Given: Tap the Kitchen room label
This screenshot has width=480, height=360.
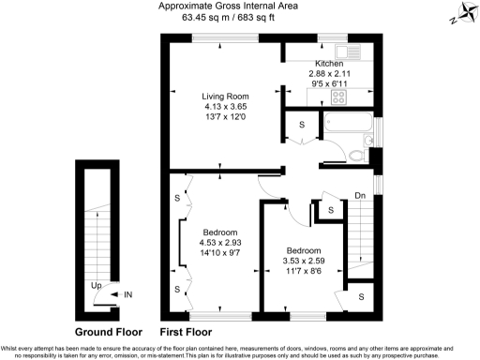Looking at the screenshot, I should click(329, 63).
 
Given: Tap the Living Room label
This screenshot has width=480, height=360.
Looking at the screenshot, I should click(225, 96).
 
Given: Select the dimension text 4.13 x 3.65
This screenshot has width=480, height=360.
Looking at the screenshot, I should click(225, 106).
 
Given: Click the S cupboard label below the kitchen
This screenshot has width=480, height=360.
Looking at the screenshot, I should click(302, 125).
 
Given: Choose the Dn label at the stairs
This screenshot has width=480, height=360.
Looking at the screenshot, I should click(360, 196).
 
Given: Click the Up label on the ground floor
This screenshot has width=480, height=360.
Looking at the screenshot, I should click(96, 285).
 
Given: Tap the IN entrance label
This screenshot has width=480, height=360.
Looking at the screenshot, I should click(129, 294).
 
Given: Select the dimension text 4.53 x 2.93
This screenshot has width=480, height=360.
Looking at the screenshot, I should click(221, 242).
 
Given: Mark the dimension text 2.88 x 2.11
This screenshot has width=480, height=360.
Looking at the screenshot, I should click(329, 72).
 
